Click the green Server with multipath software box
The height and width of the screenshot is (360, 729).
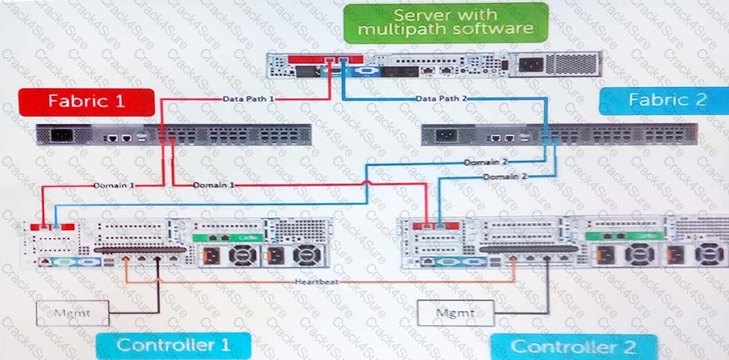click(446, 22)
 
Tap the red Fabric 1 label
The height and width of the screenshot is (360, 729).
click(86, 101)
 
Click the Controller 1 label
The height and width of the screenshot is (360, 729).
click(172, 345)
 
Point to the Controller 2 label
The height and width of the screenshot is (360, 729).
click(572, 346)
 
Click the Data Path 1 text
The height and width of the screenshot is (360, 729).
click(248, 99)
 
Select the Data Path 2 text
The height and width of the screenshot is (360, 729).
click(441, 99)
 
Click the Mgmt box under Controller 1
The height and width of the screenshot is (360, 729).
click(72, 313)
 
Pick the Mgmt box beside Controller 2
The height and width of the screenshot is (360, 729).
click(456, 313)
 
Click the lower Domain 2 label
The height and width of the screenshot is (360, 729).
click(504, 177)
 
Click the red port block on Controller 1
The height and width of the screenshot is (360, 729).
click(57, 226)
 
